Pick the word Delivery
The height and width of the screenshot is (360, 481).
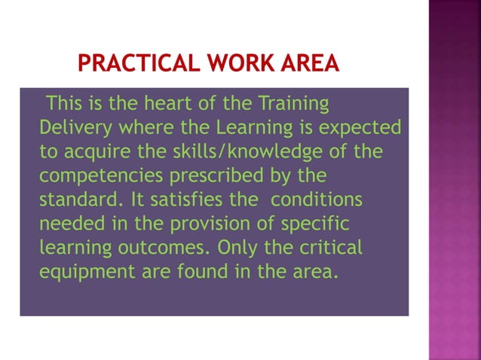74,127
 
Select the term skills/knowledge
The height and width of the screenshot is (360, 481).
245,152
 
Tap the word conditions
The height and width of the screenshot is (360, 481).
317,201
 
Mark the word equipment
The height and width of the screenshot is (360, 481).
86,272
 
